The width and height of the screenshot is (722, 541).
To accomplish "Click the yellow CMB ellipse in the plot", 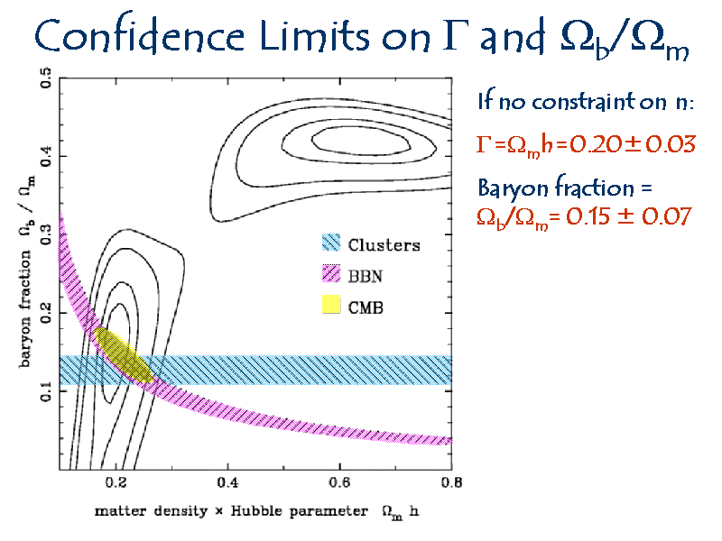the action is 123,354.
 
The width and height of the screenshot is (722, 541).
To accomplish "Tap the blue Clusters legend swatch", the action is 331,243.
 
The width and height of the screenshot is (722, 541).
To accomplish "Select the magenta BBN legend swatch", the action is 331,274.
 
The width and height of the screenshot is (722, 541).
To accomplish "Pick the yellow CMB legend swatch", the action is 331,305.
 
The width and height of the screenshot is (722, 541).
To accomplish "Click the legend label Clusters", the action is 384,245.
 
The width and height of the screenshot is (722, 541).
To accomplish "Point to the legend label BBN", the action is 366,276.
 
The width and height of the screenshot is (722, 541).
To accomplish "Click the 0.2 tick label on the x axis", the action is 116,482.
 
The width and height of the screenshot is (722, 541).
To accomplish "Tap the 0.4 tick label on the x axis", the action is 227,482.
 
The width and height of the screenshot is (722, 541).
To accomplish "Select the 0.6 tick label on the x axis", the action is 339,482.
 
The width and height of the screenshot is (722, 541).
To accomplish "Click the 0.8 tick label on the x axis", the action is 451,482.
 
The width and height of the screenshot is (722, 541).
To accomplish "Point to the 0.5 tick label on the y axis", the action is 46,78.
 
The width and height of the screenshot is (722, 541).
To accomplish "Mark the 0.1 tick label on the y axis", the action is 46,391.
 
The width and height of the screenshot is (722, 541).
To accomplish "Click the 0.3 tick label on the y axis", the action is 46,234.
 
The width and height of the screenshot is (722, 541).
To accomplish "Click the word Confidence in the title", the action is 139,34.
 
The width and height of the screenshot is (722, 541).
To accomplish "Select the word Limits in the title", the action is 314,35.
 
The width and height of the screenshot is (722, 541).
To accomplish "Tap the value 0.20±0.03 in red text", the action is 633,144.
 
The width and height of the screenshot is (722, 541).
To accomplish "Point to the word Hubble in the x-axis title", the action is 256,510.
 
